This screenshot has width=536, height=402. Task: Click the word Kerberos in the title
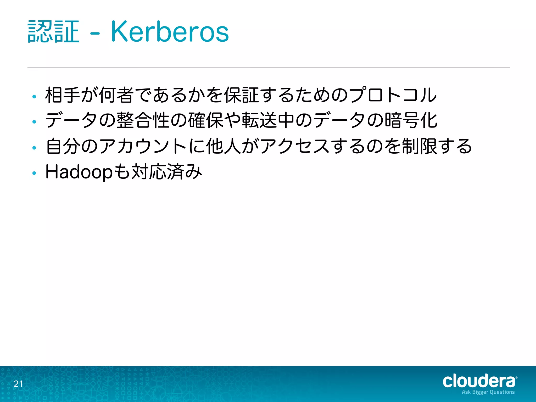click(170, 32)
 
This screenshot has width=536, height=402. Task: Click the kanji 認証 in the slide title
click(53, 32)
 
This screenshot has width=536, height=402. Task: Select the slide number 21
click(18, 384)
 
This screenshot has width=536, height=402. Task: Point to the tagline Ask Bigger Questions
click(488, 392)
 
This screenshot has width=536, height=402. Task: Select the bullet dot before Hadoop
click(34, 173)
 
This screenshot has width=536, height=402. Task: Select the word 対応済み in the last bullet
click(167, 172)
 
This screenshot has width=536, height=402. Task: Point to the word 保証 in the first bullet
click(242, 95)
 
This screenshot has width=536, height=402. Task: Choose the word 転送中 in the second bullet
click(268, 120)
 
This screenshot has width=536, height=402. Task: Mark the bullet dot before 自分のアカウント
click(34, 148)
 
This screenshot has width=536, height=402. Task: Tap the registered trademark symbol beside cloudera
click(516, 378)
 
